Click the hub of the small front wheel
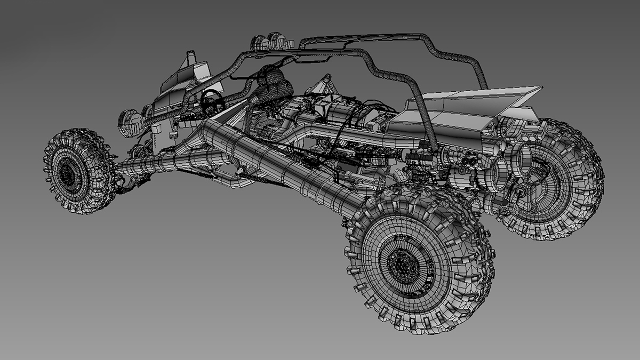68,172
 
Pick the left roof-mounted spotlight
260,42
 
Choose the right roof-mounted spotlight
278,39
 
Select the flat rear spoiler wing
480,101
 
